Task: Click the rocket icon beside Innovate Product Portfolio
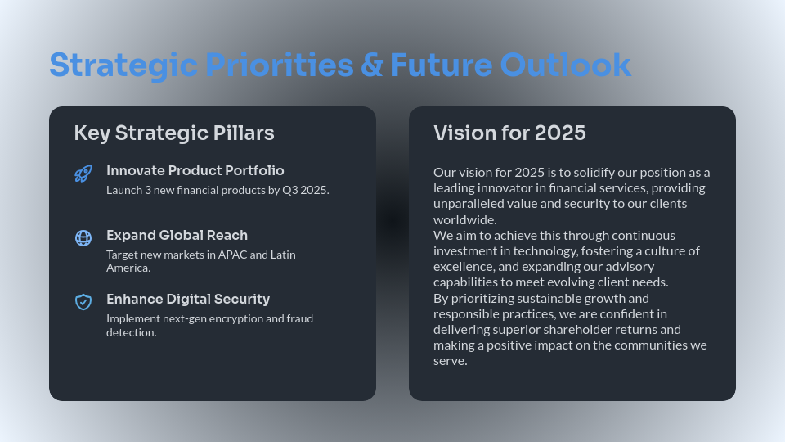[x=83, y=174]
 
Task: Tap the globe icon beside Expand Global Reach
[x=83, y=238]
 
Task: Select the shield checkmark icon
[x=83, y=302]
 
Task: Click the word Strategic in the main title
[x=123, y=65]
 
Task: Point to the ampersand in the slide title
[x=372, y=65]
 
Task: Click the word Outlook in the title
[x=566, y=65]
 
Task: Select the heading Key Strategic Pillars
[x=174, y=133]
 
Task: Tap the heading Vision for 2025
[x=509, y=133]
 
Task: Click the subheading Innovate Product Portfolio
[x=195, y=170]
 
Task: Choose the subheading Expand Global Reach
[x=177, y=235]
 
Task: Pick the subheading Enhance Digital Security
[x=188, y=300]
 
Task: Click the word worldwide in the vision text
[x=465, y=220]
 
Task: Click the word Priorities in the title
[x=280, y=65]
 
